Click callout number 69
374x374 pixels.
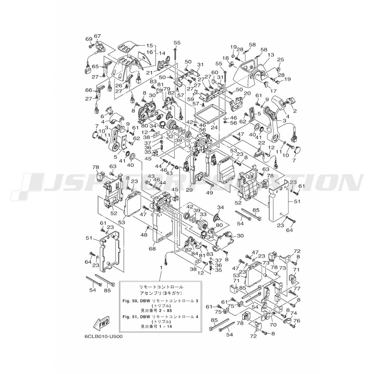89,39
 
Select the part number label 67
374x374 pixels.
98,36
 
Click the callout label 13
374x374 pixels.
271,55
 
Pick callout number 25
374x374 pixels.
280,59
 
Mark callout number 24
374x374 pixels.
214,127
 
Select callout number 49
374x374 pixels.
209,193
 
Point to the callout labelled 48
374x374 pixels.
144,235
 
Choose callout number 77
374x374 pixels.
297,289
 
